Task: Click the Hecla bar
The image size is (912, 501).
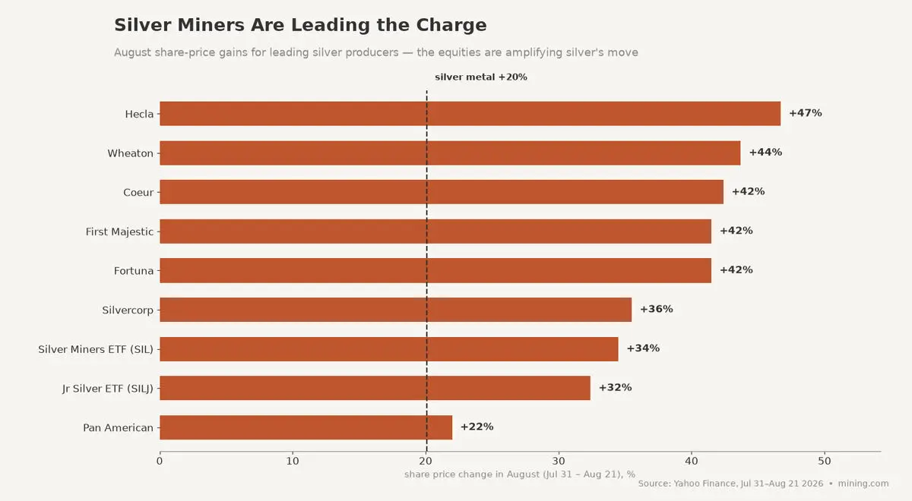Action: (470, 113)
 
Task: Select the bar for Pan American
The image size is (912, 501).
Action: (306, 427)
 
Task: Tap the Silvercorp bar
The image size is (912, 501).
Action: (396, 310)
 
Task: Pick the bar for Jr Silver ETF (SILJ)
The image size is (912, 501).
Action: (375, 388)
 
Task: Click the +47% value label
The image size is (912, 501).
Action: (806, 113)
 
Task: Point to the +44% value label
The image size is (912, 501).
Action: (765, 153)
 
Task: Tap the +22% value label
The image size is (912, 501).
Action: (477, 427)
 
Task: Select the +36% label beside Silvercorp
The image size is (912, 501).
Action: (657, 310)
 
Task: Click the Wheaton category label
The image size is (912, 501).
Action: (130, 153)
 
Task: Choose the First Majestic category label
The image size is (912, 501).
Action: (119, 232)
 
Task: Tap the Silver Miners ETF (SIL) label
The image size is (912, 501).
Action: (96, 349)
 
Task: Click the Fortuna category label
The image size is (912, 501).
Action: (134, 271)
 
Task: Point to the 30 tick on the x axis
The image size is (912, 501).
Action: (559, 462)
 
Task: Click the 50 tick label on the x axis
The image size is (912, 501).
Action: (825, 462)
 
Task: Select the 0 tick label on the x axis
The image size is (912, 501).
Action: (160, 462)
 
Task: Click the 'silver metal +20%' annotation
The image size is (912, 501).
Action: (481, 77)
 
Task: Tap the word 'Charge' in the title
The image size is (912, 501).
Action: (451, 26)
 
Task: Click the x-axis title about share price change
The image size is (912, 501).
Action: (520, 474)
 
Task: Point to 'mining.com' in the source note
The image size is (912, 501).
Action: (863, 484)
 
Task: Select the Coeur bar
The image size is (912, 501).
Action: (442, 192)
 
